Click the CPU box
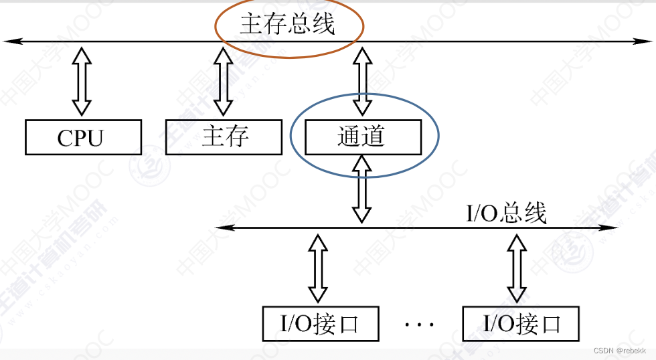[x=83, y=137]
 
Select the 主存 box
[x=224, y=137]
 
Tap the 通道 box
[x=363, y=137]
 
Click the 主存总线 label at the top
[x=287, y=25]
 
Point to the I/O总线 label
[x=506, y=213]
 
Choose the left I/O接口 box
[x=319, y=324]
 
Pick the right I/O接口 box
[x=520, y=324]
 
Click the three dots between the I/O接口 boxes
[x=420, y=325]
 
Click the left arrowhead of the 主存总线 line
[x=8, y=42]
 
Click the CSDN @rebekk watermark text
[x=620, y=351]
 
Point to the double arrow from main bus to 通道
[x=362, y=80]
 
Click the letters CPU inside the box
[x=81, y=138]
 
